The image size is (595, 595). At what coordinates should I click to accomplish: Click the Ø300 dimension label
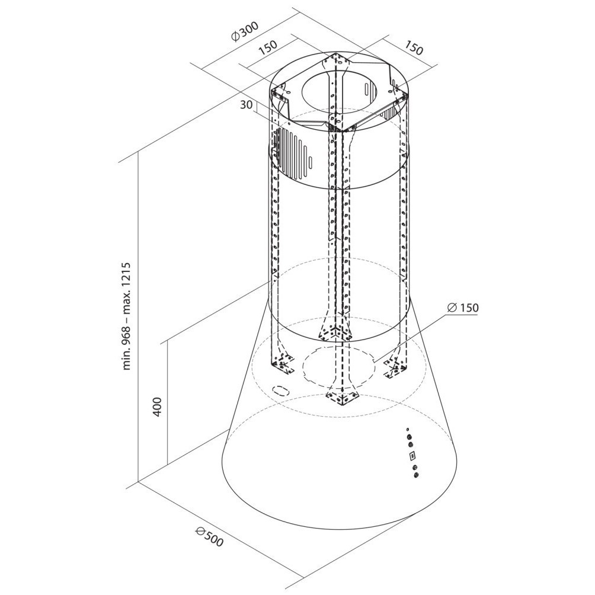point(245,31)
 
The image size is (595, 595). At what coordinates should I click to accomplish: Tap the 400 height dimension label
point(158,407)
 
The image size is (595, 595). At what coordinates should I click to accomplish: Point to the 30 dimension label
point(247,105)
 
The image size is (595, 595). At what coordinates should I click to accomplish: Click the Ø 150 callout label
point(463,308)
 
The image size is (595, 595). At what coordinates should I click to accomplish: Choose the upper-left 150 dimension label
point(267,47)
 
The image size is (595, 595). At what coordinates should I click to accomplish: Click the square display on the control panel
point(412,455)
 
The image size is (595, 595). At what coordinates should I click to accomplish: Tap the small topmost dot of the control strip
point(407,429)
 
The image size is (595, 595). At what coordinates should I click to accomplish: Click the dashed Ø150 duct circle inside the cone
point(339,364)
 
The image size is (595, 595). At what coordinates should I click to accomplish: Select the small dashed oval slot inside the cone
point(281,391)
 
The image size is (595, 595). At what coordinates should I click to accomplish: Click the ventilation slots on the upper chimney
point(293,148)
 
